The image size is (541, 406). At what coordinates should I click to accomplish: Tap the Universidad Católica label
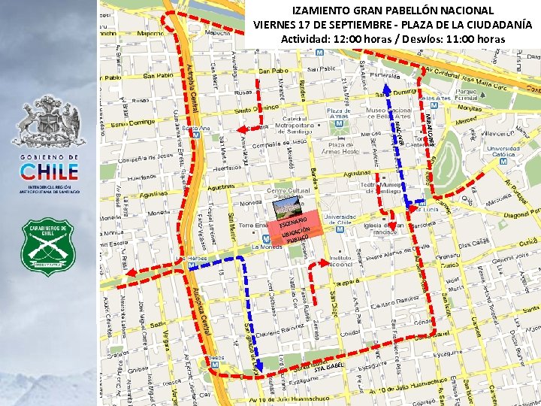click(504, 153)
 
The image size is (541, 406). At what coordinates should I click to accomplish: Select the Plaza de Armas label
click(339, 114)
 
